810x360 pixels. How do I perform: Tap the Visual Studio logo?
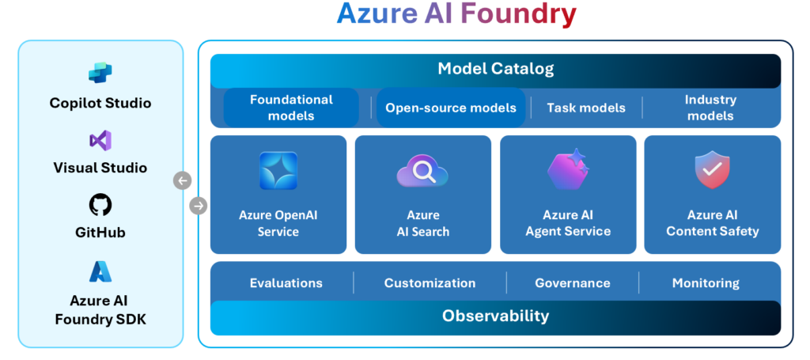click(100, 141)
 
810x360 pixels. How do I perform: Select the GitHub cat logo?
click(100, 206)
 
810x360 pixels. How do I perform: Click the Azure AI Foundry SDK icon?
click(100, 271)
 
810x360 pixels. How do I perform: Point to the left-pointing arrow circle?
click(182, 181)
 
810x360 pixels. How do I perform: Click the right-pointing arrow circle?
click(199, 206)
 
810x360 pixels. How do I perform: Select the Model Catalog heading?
click(495, 69)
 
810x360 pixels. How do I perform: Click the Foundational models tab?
click(291, 108)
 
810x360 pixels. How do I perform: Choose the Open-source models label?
click(451, 108)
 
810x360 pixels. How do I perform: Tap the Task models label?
click(586, 108)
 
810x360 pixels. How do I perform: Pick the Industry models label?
click(710, 108)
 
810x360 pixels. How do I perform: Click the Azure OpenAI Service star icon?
click(278, 171)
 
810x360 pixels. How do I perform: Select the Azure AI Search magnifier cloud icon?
click(422, 171)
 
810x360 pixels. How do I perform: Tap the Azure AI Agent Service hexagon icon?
click(568, 169)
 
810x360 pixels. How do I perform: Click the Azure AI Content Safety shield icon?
click(712, 171)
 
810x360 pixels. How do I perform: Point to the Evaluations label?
click(286, 282)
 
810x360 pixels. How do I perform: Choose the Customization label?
click(430, 282)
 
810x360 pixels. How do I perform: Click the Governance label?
click(572, 282)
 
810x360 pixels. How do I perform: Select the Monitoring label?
click(706, 282)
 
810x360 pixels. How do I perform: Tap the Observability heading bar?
click(495, 316)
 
